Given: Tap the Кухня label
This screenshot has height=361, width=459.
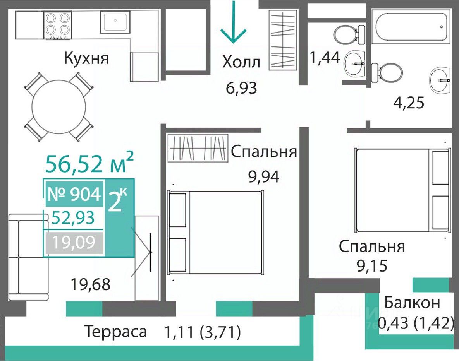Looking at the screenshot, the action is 86,58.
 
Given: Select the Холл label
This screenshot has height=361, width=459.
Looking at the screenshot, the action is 241,62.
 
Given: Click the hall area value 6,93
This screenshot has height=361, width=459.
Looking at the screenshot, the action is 241,88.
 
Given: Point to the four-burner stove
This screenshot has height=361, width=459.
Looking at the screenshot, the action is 58,26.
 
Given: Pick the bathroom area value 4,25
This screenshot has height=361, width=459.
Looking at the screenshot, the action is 408,103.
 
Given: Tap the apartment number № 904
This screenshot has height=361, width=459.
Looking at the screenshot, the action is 74,194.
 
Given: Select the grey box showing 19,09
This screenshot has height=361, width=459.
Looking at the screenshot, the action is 74,242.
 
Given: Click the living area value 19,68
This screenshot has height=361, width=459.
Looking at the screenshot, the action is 91,284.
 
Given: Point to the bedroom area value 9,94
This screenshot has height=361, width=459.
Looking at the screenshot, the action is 264,176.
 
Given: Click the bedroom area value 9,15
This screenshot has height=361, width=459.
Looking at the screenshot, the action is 372,265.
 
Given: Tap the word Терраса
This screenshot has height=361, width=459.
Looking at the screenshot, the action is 116,332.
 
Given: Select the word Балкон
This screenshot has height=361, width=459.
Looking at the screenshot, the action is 412,303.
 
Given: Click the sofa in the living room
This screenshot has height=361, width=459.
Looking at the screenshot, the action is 28,257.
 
